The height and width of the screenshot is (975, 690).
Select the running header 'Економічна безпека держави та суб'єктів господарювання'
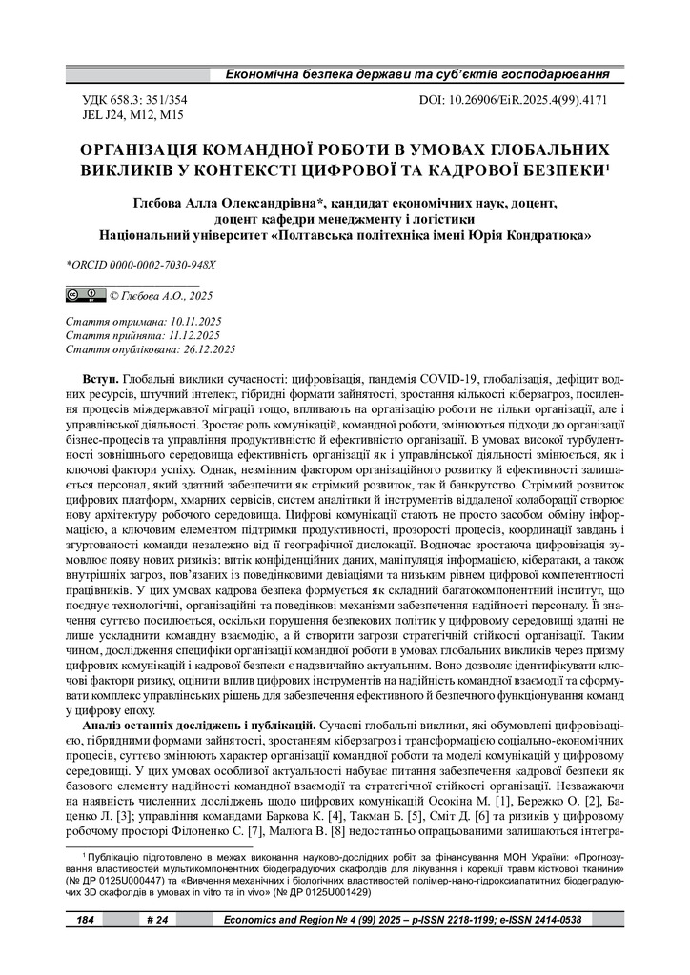(416, 73)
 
